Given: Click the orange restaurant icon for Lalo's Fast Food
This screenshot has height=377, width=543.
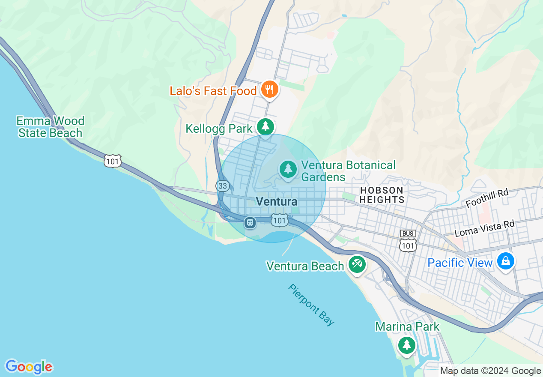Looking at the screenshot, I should (x=269, y=90).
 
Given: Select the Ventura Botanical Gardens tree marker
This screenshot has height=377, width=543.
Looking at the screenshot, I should (x=289, y=169).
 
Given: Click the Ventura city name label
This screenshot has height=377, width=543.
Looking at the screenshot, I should (x=276, y=202).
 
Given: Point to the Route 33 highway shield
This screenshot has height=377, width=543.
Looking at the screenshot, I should (x=223, y=186).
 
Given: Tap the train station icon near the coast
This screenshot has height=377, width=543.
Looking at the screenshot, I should (x=250, y=222).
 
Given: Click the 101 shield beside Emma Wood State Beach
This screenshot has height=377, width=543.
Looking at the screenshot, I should (x=112, y=161).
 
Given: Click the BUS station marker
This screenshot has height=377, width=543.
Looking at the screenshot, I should (x=408, y=233).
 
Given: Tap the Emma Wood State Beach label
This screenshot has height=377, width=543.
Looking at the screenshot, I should (x=50, y=127).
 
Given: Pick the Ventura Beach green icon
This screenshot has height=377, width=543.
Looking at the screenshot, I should (x=357, y=264).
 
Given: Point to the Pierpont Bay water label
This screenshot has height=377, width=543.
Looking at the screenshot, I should (x=311, y=305).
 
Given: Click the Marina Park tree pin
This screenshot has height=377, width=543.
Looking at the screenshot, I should (x=406, y=345).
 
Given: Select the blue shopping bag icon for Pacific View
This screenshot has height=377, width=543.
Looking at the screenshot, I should (x=506, y=261).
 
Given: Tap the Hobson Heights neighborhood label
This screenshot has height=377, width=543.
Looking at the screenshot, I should (x=382, y=195).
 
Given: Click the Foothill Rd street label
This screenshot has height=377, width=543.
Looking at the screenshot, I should (x=487, y=198).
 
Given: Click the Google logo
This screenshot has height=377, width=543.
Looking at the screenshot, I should (x=29, y=367).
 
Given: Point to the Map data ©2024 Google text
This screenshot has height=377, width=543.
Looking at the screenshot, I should (x=490, y=371).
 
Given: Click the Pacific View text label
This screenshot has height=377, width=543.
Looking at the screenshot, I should (x=460, y=263).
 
